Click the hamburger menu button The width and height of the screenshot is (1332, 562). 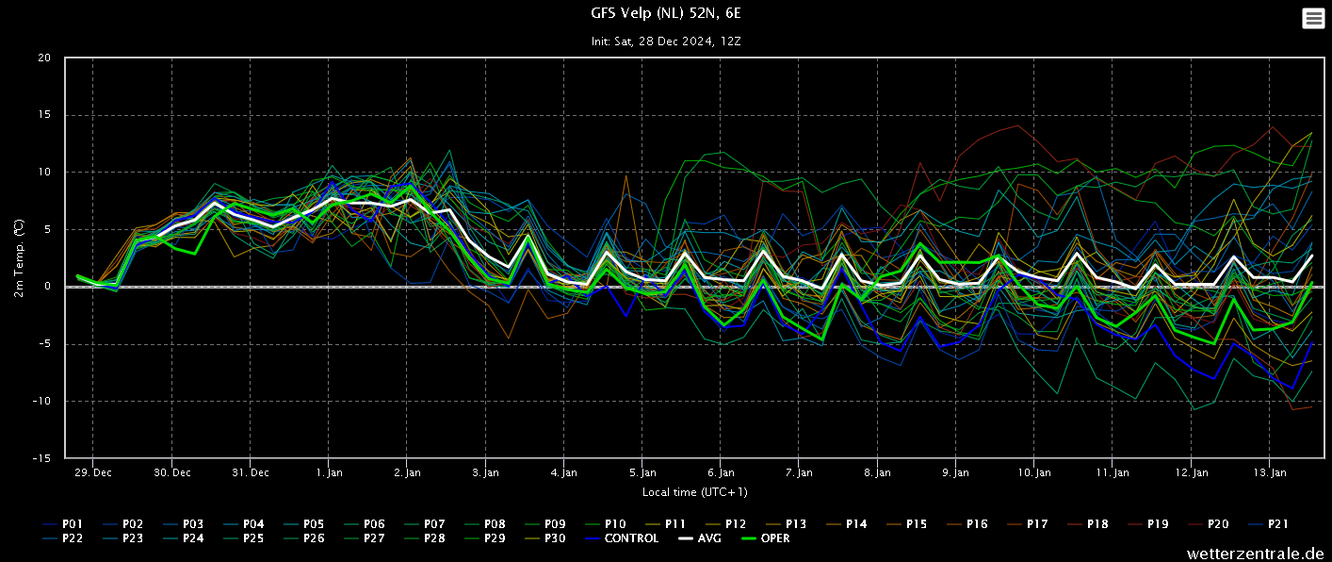tap(1313, 18)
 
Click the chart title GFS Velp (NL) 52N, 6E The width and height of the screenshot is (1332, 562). tap(666, 13)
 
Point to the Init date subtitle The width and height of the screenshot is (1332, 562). tap(666, 41)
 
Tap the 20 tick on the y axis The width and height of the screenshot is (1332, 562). tap(44, 58)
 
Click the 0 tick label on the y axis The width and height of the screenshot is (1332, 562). tap(48, 287)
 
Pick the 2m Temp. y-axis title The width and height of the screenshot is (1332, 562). tap(18, 257)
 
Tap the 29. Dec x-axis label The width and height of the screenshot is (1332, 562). tap(93, 472)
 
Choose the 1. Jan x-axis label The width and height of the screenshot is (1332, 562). tap(329, 472)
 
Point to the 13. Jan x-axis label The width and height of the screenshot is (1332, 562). tap(1271, 472)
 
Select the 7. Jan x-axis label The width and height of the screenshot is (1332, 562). tap(799, 472)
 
